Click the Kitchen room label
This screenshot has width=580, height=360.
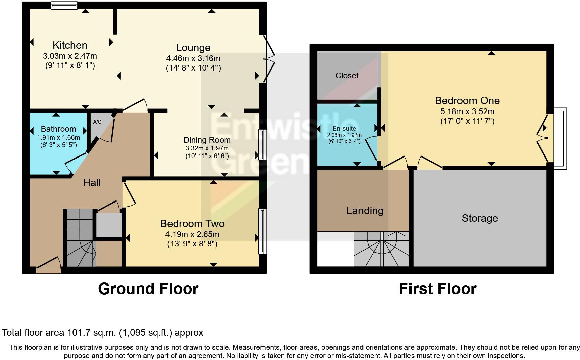(70, 45)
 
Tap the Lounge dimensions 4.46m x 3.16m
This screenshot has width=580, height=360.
(193, 58)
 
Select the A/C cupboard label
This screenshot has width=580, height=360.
(97, 122)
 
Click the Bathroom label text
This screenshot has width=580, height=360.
(58, 129)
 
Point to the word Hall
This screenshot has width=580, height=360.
(92, 183)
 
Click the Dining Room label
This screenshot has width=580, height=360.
(207, 140)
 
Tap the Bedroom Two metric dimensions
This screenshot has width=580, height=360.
(192, 234)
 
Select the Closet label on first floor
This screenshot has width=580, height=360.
(347, 76)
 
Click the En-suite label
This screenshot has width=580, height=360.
(344, 128)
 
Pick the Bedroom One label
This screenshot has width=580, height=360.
(467, 101)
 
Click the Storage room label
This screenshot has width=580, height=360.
(480, 218)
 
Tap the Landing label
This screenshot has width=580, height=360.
(365, 211)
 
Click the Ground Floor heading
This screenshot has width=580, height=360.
(148, 289)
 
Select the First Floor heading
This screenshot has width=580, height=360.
(437, 289)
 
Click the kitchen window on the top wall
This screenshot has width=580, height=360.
(64, 5)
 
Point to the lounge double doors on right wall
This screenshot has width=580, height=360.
(269, 59)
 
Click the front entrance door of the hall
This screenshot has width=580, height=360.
(49, 264)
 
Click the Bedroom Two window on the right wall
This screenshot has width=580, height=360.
(262, 231)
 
